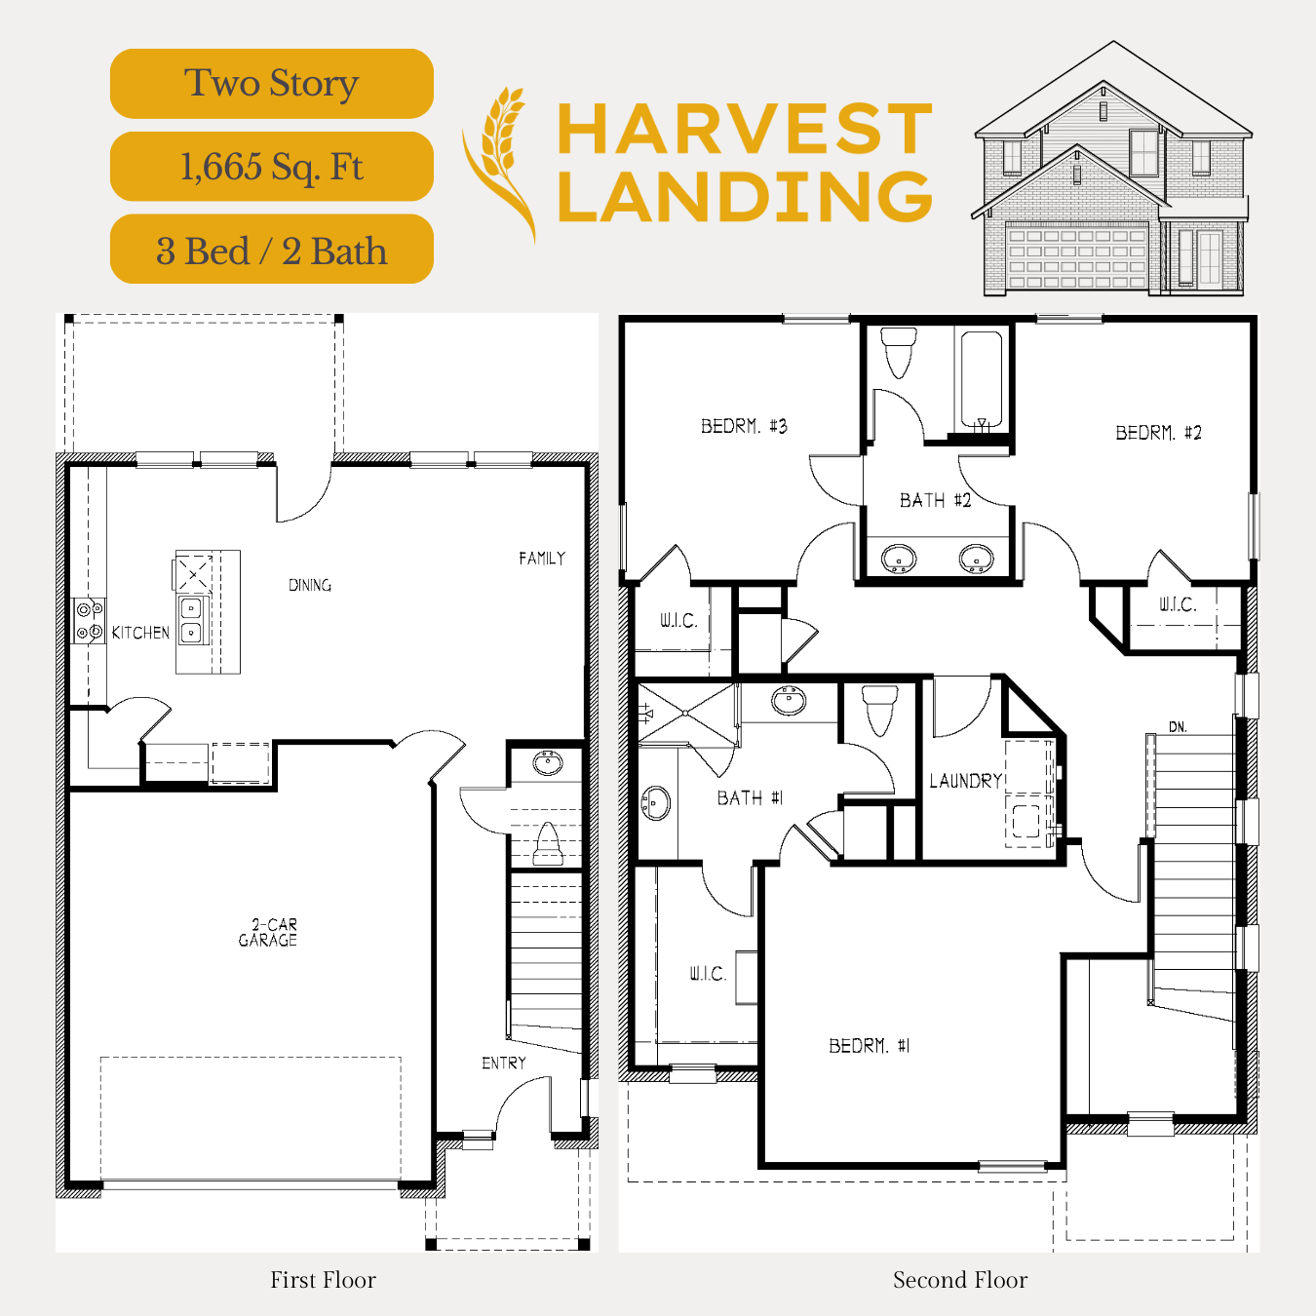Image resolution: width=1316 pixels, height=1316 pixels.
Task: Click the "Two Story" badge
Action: [271, 83]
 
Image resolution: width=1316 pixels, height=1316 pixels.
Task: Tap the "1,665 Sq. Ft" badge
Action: [271, 166]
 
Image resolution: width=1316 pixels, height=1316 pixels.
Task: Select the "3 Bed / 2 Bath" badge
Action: [271, 250]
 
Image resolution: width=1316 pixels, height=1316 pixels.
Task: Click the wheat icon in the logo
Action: [499, 164]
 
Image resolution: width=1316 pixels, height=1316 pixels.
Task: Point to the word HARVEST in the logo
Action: [745, 129]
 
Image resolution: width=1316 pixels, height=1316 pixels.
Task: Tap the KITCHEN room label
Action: [140, 633]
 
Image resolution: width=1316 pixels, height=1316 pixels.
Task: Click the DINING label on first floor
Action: [309, 585]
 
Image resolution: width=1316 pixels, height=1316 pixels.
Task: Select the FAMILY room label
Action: [542, 559]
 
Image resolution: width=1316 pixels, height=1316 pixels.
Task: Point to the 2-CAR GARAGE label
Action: [268, 932]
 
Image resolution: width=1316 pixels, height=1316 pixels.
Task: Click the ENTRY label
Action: [504, 1064]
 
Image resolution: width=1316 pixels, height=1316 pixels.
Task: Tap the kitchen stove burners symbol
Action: [90, 621]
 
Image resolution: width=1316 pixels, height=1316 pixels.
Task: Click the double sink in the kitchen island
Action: [190, 620]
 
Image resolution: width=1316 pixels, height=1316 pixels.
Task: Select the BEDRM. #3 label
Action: [745, 426]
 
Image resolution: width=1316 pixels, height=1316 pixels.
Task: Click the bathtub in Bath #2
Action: [982, 380]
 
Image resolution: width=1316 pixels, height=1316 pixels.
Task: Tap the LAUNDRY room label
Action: [965, 781]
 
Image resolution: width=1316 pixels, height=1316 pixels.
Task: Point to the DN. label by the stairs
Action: [1178, 727]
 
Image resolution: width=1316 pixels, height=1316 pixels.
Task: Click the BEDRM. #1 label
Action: [870, 1046]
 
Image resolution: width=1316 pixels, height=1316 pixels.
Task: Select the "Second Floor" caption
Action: [960, 1280]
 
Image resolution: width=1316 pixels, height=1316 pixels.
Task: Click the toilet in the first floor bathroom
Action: [547, 844]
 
